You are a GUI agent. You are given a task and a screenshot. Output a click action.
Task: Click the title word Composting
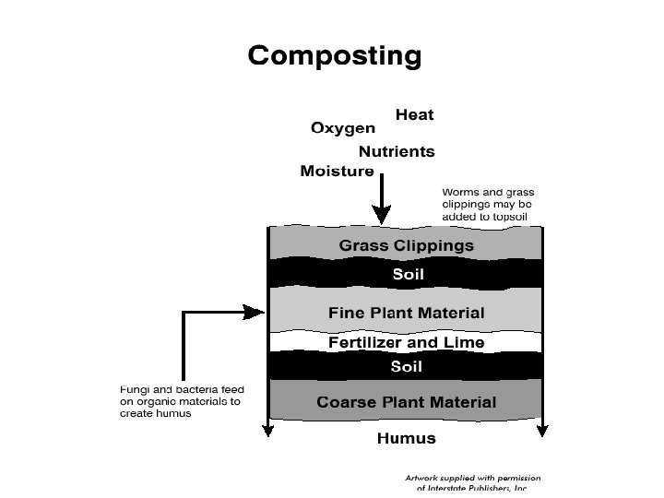334,57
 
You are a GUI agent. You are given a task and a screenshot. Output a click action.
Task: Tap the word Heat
414,115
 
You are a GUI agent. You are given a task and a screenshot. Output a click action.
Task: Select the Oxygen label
342,129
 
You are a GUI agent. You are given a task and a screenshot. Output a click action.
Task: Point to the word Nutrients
397,151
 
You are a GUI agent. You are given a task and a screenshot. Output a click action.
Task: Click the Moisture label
337,172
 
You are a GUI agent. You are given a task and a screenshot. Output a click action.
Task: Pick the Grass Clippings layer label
406,245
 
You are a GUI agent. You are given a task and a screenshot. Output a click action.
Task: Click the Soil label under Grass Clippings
407,274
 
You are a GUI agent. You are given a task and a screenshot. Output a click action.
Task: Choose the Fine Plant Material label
406,314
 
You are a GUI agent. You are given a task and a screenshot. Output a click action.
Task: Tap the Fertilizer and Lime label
406,342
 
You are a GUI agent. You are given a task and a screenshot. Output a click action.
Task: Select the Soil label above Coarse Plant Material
407,366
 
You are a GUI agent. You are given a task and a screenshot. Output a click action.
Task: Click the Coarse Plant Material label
406,402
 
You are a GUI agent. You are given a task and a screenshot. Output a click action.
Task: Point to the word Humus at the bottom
406,439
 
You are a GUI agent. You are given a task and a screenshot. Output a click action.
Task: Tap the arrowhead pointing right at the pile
259,313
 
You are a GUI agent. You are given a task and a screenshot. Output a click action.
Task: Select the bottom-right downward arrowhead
543,429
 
